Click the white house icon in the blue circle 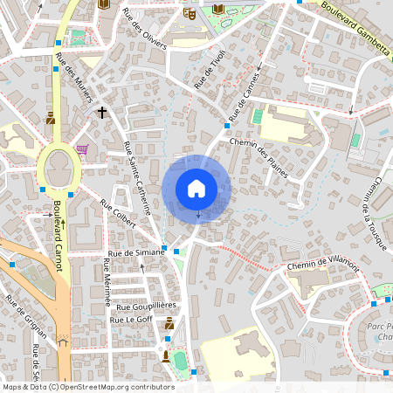click(196, 188)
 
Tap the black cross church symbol click(102, 113)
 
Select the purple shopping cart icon click(81, 149)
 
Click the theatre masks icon click(190, 14)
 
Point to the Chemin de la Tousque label click(372, 213)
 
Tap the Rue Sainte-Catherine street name click(138, 178)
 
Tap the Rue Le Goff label click(131, 321)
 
